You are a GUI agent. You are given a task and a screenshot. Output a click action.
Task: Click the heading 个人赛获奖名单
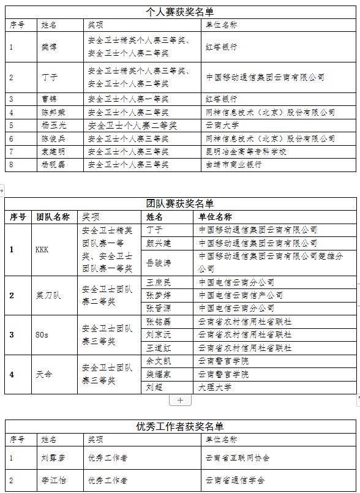click(180, 12)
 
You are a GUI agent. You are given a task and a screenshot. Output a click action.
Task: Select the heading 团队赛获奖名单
click(180, 203)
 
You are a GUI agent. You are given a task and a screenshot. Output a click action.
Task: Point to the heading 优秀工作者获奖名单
click(180, 426)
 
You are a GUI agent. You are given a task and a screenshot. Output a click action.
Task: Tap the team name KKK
click(42, 250)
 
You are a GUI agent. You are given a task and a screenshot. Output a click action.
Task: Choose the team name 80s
click(42, 334)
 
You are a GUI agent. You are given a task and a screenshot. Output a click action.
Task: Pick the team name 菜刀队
click(48, 296)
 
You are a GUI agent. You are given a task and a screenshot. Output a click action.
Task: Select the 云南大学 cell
click(222, 125)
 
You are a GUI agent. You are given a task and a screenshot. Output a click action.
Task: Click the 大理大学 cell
click(214, 387)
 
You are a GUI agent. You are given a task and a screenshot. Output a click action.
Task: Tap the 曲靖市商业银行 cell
click(233, 164)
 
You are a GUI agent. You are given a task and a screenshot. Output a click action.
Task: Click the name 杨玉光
click(53, 125)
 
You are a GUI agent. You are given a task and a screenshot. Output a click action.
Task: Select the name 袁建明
click(53, 151)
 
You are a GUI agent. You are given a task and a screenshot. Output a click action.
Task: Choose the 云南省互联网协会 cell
click(237, 457)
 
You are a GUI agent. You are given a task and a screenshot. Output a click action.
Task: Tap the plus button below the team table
click(180, 401)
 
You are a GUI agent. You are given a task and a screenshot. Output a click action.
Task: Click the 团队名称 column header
click(53, 217)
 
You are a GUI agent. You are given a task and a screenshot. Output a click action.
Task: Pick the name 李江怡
click(53, 480)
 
